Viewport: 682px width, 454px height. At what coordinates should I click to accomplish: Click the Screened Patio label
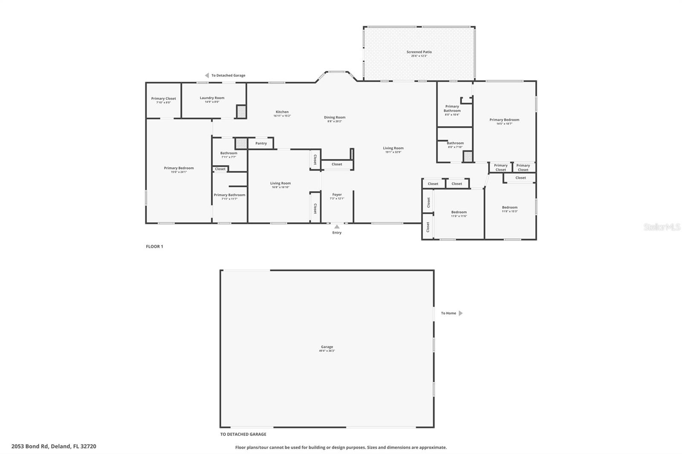pyautogui.click(x=419, y=52)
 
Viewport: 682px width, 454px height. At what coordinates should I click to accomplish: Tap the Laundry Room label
pyautogui.click(x=212, y=98)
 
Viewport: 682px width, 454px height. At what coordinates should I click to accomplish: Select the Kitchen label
pyautogui.click(x=282, y=112)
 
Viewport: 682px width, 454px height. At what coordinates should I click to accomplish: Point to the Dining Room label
pyautogui.click(x=335, y=118)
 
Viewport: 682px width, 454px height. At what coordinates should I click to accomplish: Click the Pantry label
pyautogui.click(x=261, y=144)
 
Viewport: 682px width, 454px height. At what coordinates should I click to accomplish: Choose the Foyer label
pyautogui.click(x=337, y=195)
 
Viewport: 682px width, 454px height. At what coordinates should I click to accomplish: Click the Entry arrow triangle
pyautogui.click(x=337, y=227)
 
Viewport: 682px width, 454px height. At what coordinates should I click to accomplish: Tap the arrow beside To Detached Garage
pyautogui.click(x=206, y=75)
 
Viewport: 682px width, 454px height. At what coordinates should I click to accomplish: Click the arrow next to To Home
pyautogui.click(x=460, y=313)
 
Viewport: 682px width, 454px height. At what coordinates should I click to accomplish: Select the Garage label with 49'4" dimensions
pyautogui.click(x=327, y=347)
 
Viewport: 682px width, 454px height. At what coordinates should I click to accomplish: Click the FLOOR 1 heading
pyautogui.click(x=154, y=247)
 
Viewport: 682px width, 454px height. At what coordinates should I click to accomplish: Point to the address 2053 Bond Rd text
pyautogui.click(x=54, y=446)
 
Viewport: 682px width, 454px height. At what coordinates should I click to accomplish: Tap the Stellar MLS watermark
pyautogui.click(x=662, y=227)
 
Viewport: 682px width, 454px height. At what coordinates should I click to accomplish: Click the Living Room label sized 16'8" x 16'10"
pyautogui.click(x=280, y=184)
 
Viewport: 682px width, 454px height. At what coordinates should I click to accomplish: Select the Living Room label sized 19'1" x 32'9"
pyautogui.click(x=393, y=149)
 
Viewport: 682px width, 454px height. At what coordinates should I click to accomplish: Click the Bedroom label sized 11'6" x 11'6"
pyautogui.click(x=459, y=212)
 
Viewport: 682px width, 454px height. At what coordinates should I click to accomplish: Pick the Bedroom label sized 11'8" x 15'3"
pyautogui.click(x=509, y=207)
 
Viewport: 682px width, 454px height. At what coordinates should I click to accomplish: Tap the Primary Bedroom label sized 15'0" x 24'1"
pyautogui.click(x=179, y=168)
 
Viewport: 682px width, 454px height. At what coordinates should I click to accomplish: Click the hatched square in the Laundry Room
pyautogui.click(x=241, y=112)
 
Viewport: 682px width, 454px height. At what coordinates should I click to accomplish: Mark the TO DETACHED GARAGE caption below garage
pyautogui.click(x=243, y=434)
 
